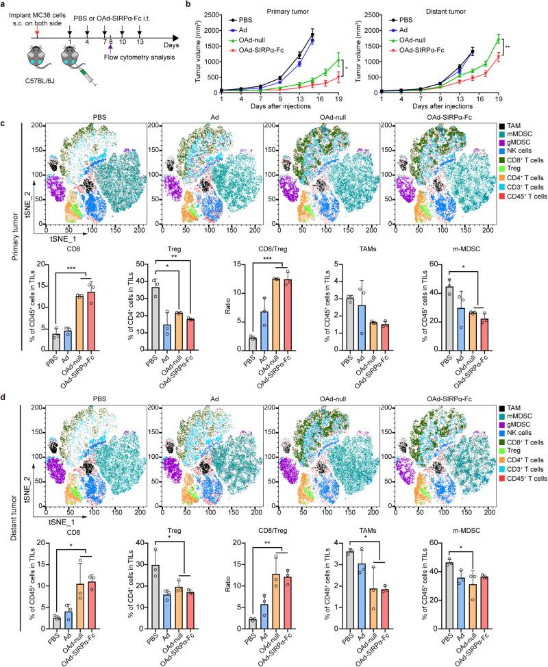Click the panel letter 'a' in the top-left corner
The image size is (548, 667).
pos(5,6)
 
